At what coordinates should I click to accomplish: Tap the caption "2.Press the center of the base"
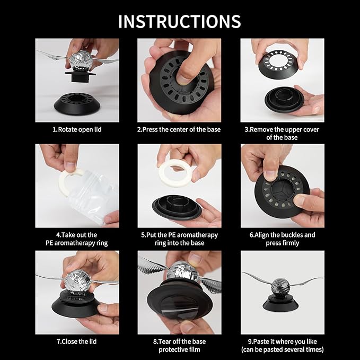(x=179, y=129)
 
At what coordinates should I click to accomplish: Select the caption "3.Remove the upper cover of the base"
(x=282, y=133)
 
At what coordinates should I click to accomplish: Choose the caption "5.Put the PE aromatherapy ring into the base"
(x=179, y=239)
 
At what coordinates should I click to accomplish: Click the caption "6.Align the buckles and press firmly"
(x=282, y=239)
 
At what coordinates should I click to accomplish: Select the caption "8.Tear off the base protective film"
(x=179, y=345)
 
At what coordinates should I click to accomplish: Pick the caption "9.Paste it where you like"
(x=282, y=345)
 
